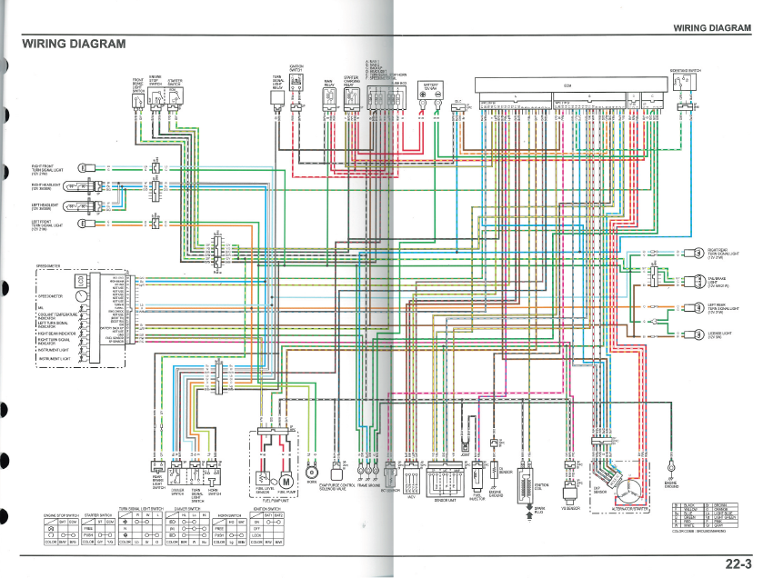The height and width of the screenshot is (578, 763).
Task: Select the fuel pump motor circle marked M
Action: (x=286, y=481)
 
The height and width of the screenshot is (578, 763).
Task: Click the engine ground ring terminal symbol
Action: (x=669, y=467)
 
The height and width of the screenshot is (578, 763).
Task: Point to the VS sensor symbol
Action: (x=568, y=495)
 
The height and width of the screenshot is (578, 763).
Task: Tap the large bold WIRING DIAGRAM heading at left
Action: (x=75, y=44)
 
